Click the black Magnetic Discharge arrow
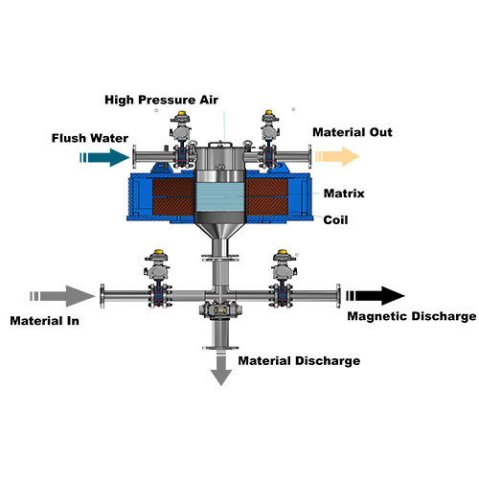(x=375, y=295)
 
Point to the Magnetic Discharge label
(x=411, y=316)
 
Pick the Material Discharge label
(x=299, y=361)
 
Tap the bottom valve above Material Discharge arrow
(x=221, y=310)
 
